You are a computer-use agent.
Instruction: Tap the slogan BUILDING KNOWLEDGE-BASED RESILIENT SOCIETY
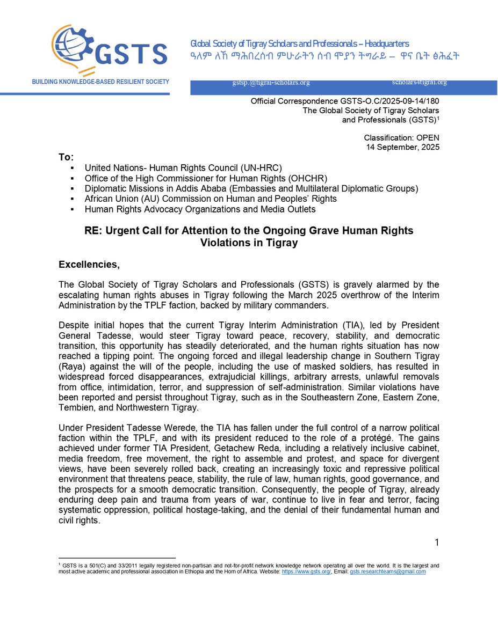point(100,82)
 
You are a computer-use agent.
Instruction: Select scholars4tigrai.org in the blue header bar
point(420,82)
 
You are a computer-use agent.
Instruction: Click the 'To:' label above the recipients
point(66,157)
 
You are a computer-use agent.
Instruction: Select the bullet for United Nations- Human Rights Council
point(72,168)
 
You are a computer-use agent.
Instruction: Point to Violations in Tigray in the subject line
point(249,242)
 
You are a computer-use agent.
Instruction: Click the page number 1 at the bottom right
point(437,543)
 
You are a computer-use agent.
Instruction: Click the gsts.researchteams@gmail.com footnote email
point(388,572)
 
